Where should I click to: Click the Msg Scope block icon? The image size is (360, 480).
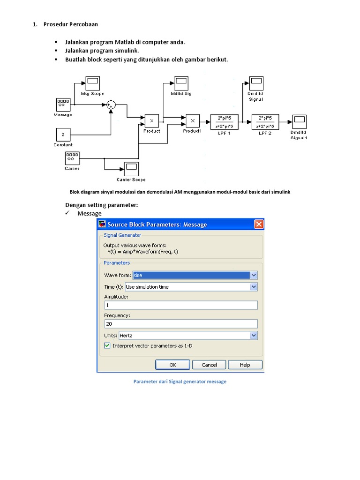pyautogui.click(x=92, y=83)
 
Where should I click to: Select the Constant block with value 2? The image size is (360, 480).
pyautogui.click(x=63, y=135)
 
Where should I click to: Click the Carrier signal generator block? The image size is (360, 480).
pyautogui.click(x=72, y=158)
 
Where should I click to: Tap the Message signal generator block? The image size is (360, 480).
pyautogui.click(x=63, y=105)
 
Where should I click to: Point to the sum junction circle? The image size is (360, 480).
pyautogui.click(x=111, y=105)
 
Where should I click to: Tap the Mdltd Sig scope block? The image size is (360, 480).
pyautogui.click(x=181, y=83)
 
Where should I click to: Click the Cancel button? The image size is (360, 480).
pyautogui.click(x=209, y=365)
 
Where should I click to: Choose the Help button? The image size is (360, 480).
pyautogui.click(x=245, y=365)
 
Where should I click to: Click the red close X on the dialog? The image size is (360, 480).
pyautogui.click(x=259, y=225)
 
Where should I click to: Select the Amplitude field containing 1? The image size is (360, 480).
pyautogui.click(x=180, y=305)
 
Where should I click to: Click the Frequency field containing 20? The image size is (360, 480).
pyautogui.click(x=180, y=324)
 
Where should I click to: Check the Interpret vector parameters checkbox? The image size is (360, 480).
pyautogui.click(x=107, y=346)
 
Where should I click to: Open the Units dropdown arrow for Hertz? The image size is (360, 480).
pyautogui.click(x=254, y=336)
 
